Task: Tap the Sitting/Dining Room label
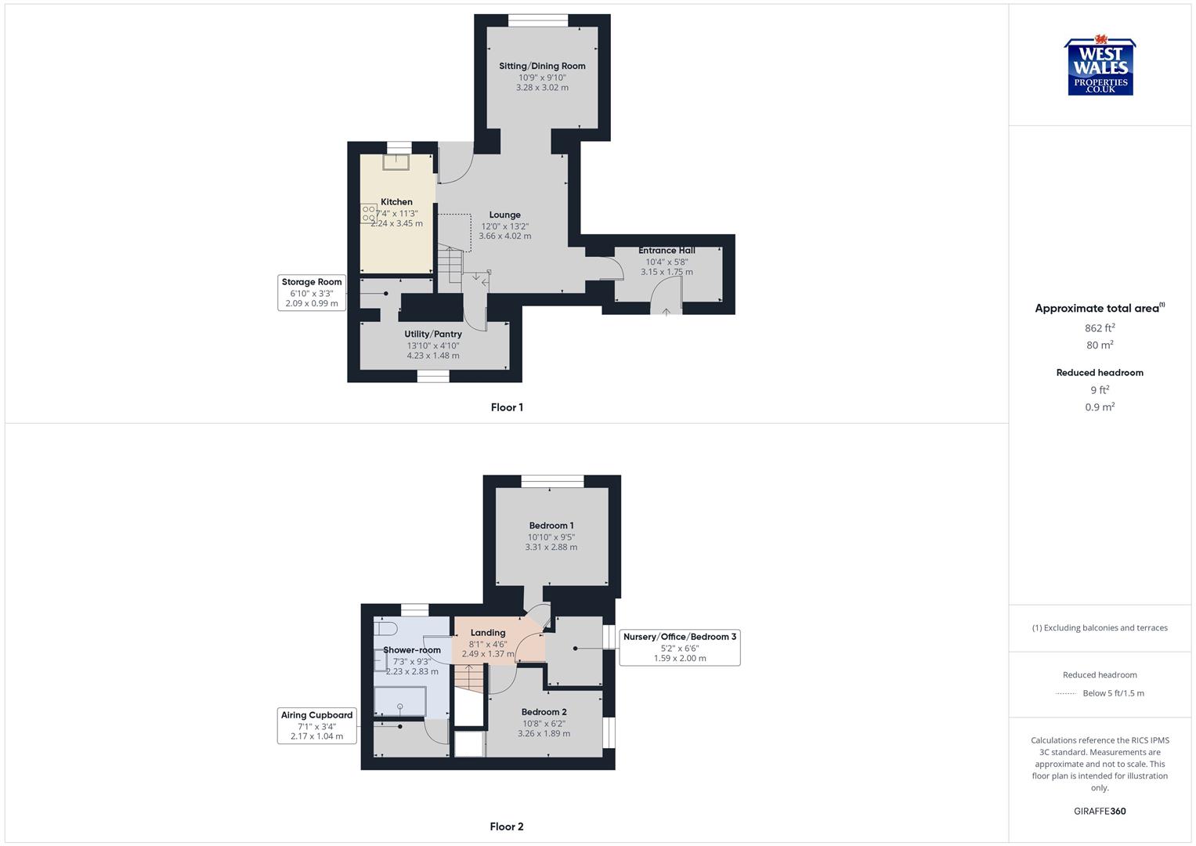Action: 542,66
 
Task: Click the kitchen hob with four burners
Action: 368,214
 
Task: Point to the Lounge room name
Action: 504,215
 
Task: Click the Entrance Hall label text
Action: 667,251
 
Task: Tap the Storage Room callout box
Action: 312,292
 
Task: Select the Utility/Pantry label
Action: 433,334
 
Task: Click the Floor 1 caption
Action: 507,407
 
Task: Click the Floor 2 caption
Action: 507,826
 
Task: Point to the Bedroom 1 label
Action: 551,526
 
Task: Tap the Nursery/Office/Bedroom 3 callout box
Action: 679,647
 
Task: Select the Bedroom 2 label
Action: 544,712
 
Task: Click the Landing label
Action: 487,633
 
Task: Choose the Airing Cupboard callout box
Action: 316,725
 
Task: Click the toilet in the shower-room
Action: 383,627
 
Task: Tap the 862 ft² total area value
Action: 1100,328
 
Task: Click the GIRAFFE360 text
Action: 1100,812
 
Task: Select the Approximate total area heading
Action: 1099,309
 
